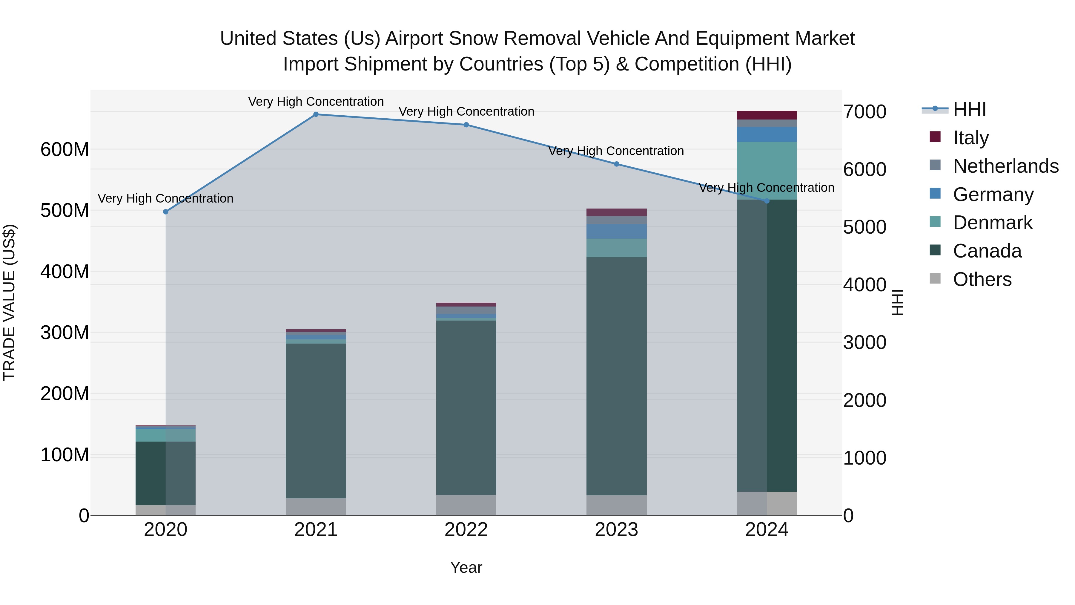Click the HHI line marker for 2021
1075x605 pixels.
tap(316, 114)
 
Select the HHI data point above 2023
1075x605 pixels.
tap(616, 164)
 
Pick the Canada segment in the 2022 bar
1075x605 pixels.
tap(466, 407)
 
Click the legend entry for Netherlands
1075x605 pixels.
tap(1006, 166)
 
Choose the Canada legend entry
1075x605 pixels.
tap(987, 251)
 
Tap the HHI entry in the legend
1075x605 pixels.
tap(969, 109)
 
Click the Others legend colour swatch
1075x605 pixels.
tap(935, 278)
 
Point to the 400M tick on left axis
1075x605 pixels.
tap(65, 272)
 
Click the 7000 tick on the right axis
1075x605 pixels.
tap(864, 112)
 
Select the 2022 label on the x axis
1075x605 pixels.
tap(466, 530)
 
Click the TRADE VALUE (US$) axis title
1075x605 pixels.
tap(9, 302)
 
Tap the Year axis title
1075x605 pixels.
tap(466, 567)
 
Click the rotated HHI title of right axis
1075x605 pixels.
tap(898, 302)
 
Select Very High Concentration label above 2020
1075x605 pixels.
tap(166, 198)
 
